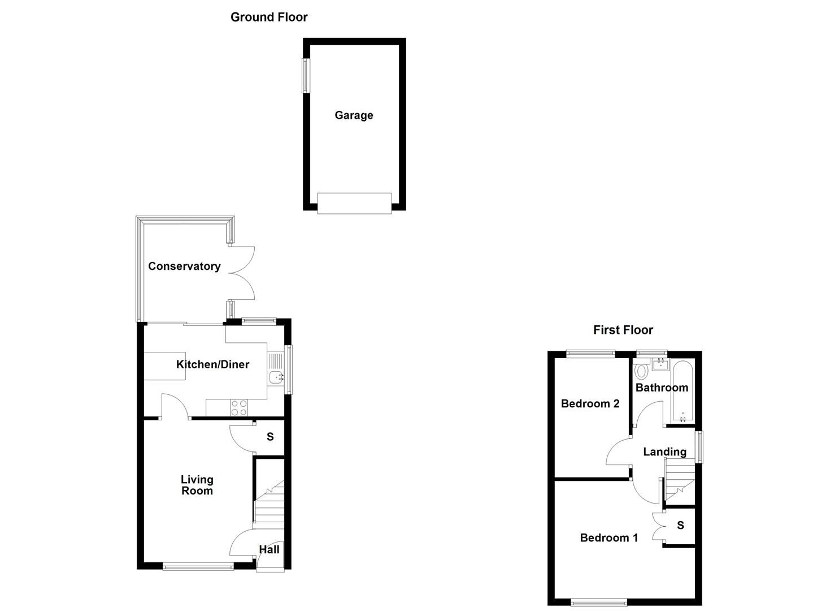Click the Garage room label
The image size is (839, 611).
[354, 115]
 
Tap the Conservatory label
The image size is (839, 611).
[184, 266]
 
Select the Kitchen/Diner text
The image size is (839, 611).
[212, 364]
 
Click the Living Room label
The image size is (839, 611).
[197, 485]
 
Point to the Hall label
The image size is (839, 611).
[269, 549]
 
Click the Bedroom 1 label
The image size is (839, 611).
[608, 537]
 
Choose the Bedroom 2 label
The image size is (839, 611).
[590, 403]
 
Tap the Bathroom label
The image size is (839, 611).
[662, 388]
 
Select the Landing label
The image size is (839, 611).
[664, 451]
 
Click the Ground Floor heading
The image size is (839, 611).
[269, 17]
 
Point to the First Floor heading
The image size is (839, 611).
[623, 330]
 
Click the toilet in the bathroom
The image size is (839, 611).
[641, 371]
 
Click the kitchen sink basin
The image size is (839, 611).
[276, 376]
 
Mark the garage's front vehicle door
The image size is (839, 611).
[354, 203]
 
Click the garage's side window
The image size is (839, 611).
[306, 75]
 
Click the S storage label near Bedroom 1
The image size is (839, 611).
[680, 525]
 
